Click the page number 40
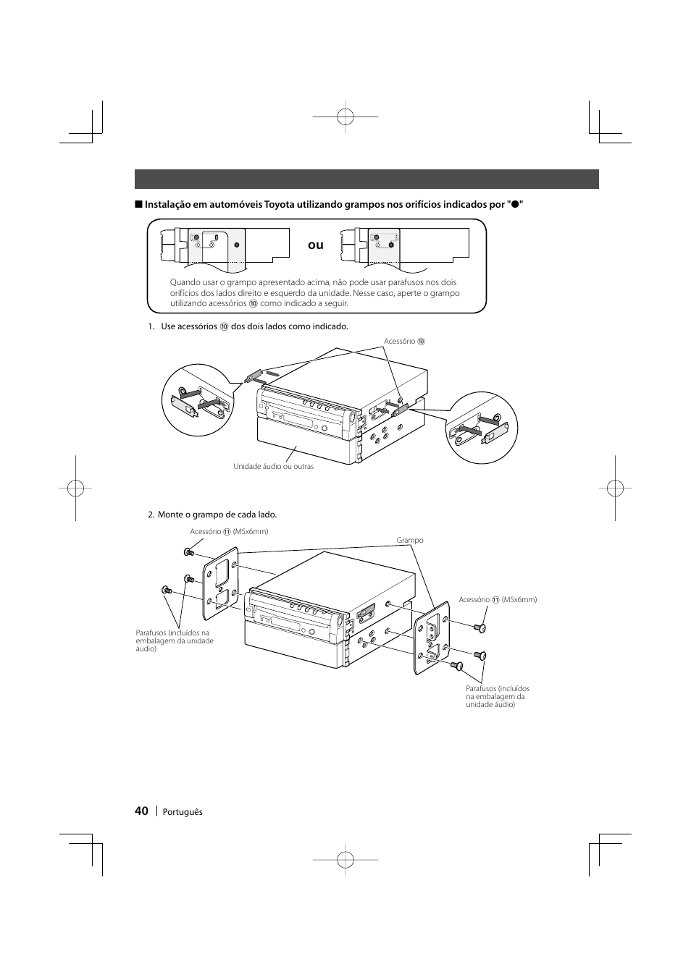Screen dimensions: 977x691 [x=141, y=811]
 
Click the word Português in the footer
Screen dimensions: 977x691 [x=183, y=812]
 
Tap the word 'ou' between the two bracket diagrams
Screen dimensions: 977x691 [x=315, y=245]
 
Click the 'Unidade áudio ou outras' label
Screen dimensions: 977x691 [x=273, y=467]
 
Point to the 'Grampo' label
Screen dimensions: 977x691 [x=410, y=541]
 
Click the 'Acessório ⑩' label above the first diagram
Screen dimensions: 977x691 [x=404, y=342]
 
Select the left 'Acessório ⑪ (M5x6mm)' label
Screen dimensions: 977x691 [x=229, y=531]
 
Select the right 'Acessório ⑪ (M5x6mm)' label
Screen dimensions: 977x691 [x=498, y=599]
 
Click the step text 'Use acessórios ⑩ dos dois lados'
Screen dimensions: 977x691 [x=254, y=326]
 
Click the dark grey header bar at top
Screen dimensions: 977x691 [x=367, y=179]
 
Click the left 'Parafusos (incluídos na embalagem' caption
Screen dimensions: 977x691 [x=175, y=640]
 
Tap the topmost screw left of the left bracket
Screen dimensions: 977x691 [x=189, y=553]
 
